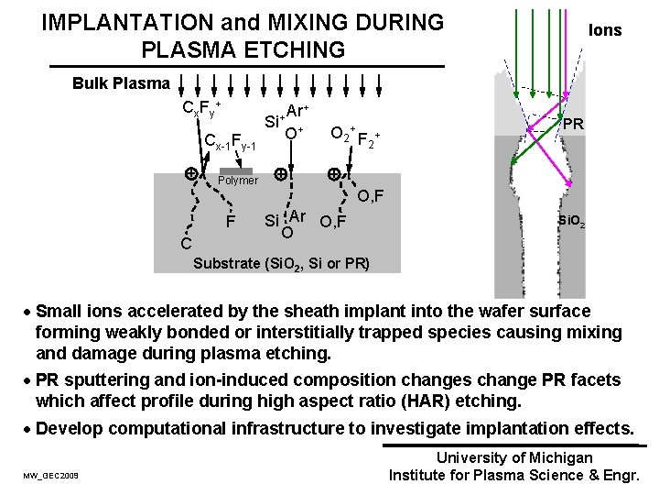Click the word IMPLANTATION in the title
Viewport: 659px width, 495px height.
(x=120, y=21)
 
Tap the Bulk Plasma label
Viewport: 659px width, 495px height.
(x=121, y=83)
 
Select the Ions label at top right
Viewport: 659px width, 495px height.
(x=605, y=30)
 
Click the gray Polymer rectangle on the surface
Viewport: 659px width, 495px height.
(x=236, y=170)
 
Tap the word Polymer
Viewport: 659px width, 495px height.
(x=237, y=181)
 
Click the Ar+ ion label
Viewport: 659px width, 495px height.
(x=298, y=110)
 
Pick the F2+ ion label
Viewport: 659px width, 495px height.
(x=368, y=140)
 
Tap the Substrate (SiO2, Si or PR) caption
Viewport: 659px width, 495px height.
(x=282, y=264)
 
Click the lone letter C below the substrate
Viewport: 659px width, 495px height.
(x=185, y=245)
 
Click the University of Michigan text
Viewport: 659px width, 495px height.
(x=515, y=457)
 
